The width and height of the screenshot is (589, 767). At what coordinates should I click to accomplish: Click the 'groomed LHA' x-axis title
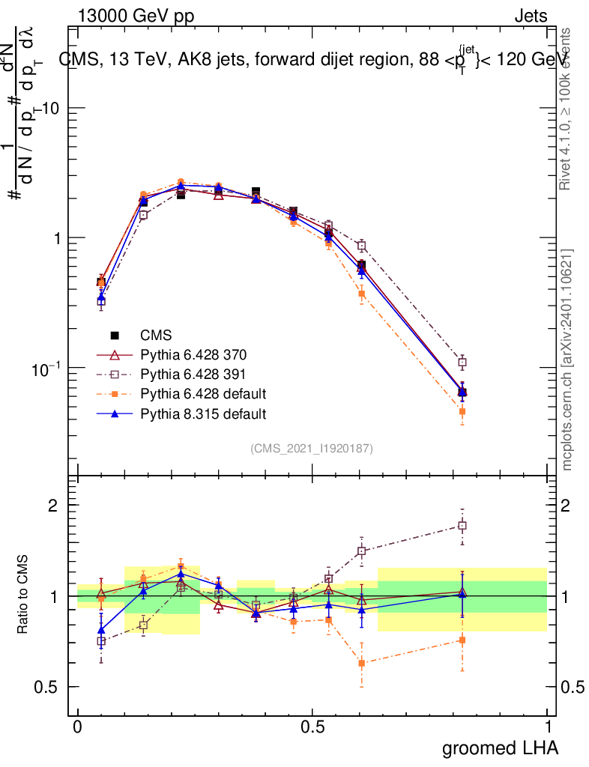(x=500, y=748)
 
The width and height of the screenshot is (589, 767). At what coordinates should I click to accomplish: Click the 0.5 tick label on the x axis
(x=312, y=727)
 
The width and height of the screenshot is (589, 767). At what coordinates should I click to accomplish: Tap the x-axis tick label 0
(x=77, y=727)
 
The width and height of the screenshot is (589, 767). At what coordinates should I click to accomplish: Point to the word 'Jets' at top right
(x=531, y=16)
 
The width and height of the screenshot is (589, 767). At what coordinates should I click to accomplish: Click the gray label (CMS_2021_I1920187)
(x=312, y=448)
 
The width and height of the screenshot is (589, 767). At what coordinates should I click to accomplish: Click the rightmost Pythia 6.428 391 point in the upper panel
(x=462, y=363)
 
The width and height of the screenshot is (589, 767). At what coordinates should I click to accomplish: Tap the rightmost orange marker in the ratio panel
(x=462, y=640)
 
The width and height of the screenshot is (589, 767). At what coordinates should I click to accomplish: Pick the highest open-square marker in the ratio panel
(x=462, y=526)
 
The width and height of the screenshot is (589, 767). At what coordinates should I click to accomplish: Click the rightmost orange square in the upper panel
(x=462, y=411)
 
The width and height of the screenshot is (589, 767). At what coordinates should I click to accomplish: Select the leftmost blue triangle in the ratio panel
(x=101, y=631)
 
